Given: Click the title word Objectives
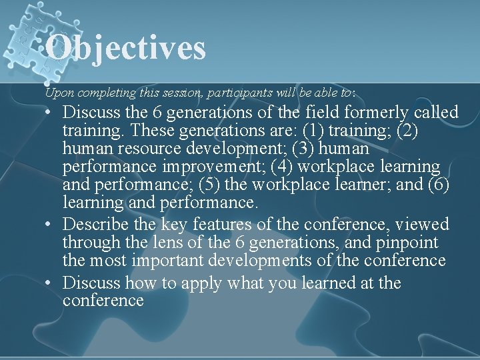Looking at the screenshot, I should coord(126,48).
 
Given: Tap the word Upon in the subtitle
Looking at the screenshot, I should coord(57,92).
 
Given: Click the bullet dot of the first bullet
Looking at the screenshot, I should coord(51,112).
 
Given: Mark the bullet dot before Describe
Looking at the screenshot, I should coord(51,225).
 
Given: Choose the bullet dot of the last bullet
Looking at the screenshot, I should coord(51,283).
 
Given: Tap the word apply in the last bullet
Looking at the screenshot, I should coord(199,283).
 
